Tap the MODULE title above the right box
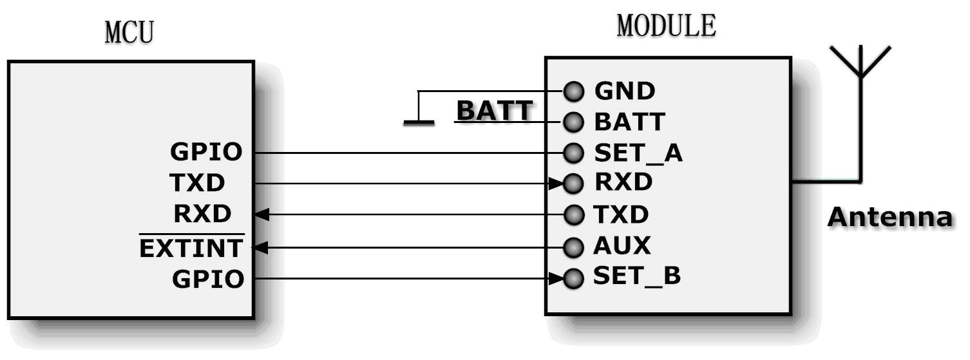(x=666, y=26)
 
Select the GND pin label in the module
(x=624, y=91)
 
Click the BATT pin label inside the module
(x=629, y=122)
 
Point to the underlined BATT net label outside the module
(x=494, y=111)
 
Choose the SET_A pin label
(x=638, y=153)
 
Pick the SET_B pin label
(x=636, y=277)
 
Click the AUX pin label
(x=622, y=246)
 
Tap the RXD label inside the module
(x=623, y=183)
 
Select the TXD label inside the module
(x=621, y=214)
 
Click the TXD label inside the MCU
(x=198, y=184)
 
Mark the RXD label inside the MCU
(x=202, y=214)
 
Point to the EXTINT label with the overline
(x=192, y=247)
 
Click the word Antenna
(x=889, y=218)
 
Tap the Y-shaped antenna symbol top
(x=860, y=61)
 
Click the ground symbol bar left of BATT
(x=419, y=122)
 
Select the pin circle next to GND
(x=573, y=91)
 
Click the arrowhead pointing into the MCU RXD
(x=260, y=214)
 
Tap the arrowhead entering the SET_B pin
(x=557, y=279)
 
